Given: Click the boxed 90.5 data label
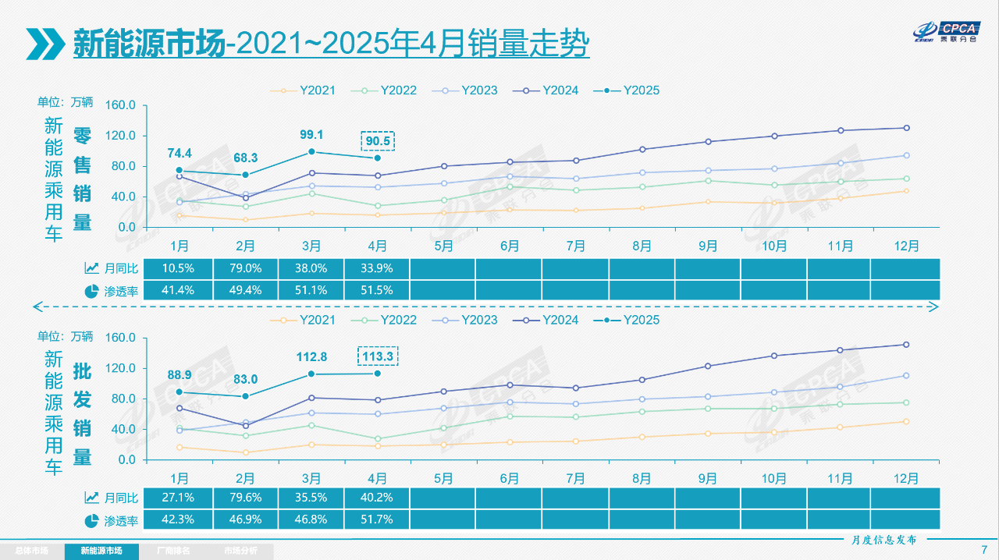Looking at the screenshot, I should pyautogui.click(x=378, y=141).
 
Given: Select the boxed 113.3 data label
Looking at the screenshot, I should pyautogui.click(x=378, y=356).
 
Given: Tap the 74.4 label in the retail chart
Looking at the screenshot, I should pyautogui.click(x=179, y=153).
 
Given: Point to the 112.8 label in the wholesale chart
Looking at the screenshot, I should pyautogui.click(x=311, y=357).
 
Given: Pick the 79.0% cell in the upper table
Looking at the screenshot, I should pyautogui.click(x=244, y=268).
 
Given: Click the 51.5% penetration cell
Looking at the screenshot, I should pyautogui.click(x=377, y=290).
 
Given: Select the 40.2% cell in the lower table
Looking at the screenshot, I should pyautogui.click(x=377, y=498).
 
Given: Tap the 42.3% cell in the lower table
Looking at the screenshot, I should pyautogui.click(x=179, y=519).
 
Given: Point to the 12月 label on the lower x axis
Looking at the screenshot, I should pyautogui.click(x=906, y=478).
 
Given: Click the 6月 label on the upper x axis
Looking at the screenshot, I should pyautogui.click(x=510, y=246).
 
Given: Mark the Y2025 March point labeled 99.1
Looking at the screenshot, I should pyautogui.click(x=311, y=152).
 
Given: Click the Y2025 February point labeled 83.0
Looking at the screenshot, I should pyautogui.click(x=245, y=396).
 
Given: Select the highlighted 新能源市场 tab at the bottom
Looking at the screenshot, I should pyautogui.click(x=101, y=551).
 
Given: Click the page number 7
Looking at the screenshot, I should pyautogui.click(x=984, y=550).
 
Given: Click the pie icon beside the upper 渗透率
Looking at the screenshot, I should pyautogui.click(x=91, y=291).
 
